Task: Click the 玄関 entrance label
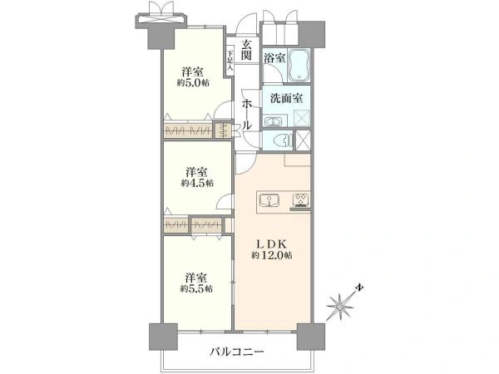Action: click(247, 51)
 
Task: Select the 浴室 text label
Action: click(274, 59)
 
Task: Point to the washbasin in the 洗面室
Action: click(274, 121)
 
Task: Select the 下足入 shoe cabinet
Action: click(230, 60)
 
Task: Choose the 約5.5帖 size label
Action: click(197, 288)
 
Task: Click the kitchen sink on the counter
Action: click(269, 199)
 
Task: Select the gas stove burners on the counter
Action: click(299, 199)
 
